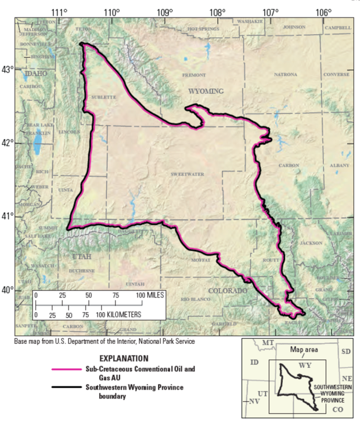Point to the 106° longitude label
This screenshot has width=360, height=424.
tap(324, 12)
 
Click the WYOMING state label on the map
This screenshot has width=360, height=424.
tap(205, 91)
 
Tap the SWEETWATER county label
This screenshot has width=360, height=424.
tap(185, 173)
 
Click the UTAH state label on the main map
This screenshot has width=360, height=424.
tap(82, 256)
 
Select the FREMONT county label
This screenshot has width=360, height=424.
tap(194, 75)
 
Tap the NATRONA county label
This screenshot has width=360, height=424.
tap(285, 75)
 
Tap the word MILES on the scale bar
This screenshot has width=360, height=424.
tap(153, 295)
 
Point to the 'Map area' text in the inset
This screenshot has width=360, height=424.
tap(305, 350)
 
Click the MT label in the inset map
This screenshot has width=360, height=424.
tap(268, 343)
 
